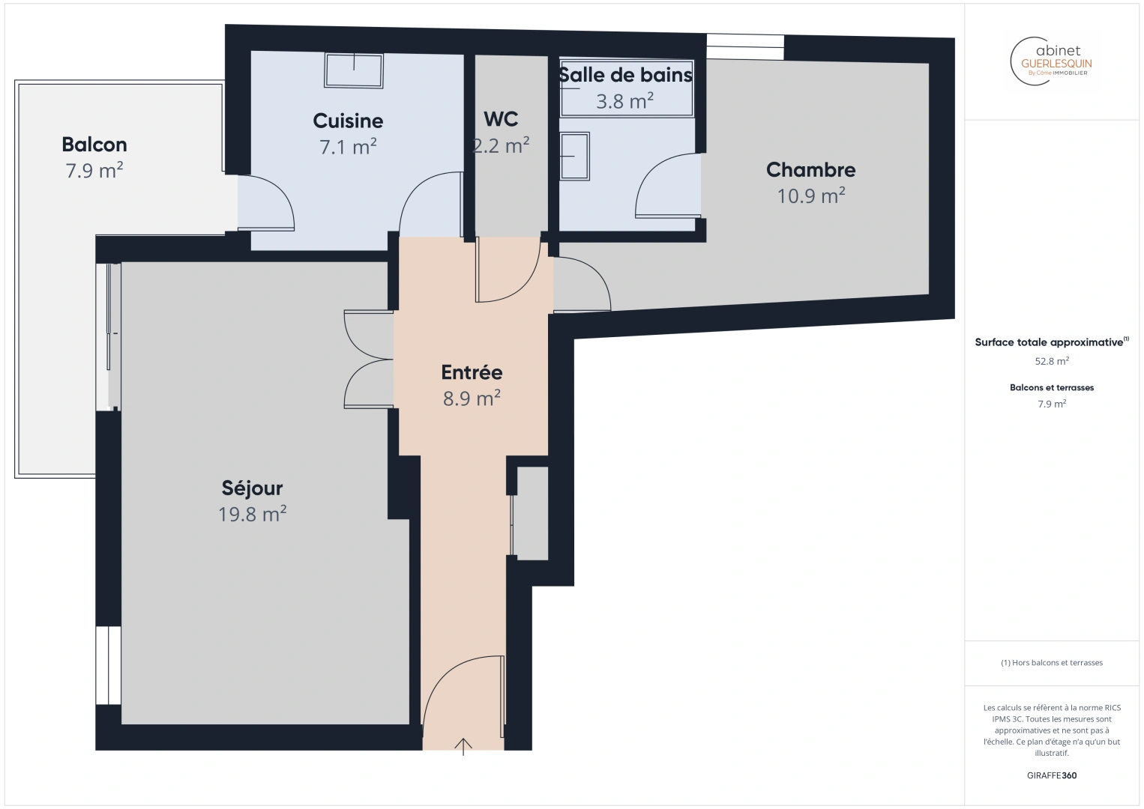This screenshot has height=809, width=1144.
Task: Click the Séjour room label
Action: tap(252, 488)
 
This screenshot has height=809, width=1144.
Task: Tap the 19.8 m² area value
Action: tap(252, 514)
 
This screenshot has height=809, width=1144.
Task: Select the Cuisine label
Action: tap(348, 121)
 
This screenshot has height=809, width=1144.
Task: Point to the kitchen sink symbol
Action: tap(354, 70)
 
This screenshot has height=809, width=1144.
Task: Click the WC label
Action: tap(501, 119)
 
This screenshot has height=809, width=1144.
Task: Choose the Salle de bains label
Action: tap(625, 75)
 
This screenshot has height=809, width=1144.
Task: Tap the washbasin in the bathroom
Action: tap(575, 156)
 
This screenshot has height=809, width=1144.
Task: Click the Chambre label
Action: tap(810, 170)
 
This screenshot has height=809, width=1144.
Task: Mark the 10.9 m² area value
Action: tap(810, 196)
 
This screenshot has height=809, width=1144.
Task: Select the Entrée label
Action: tap(472, 372)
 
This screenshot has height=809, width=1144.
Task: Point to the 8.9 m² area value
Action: tap(472, 398)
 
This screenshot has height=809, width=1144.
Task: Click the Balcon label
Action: tap(94, 145)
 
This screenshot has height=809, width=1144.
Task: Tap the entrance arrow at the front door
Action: tap(463, 746)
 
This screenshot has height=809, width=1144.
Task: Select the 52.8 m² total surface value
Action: tap(1052, 361)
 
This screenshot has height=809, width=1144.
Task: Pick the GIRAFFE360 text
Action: tap(1052, 775)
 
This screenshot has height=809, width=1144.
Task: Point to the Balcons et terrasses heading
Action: tap(1052, 387)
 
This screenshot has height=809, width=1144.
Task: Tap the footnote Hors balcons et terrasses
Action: tap(1052, 663)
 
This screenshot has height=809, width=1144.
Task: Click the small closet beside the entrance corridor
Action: tap(532, 513)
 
